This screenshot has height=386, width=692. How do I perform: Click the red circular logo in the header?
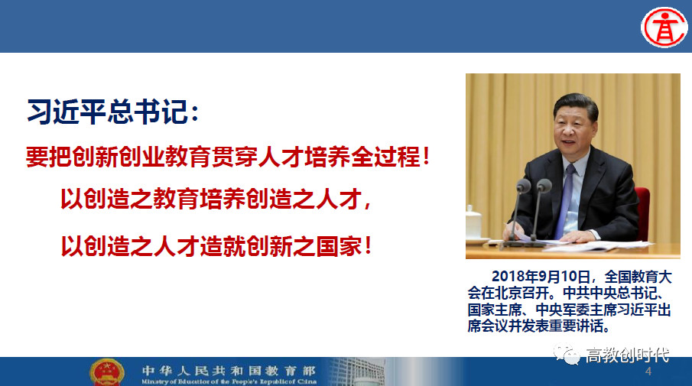[664, 27]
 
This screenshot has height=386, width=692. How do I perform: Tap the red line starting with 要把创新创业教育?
[228, 157]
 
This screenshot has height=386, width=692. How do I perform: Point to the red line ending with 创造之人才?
[216, 199]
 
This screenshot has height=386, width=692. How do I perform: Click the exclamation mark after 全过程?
[426, 157]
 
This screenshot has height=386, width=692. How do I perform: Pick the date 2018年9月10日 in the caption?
[541, 277]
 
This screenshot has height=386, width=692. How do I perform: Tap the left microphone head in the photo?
[524, 185]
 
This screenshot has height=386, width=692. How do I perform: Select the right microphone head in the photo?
[544, 185]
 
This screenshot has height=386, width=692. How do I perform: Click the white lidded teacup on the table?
[473, 225]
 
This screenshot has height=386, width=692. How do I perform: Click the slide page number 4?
[648, 371]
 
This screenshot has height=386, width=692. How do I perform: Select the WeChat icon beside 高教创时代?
[567, 354]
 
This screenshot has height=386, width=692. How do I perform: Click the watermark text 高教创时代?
[627, 355]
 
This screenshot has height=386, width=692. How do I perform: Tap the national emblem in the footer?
[106, 372]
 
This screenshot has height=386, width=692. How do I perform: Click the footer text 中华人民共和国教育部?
[229, 370]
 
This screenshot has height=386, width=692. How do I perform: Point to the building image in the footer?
[358, 371]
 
